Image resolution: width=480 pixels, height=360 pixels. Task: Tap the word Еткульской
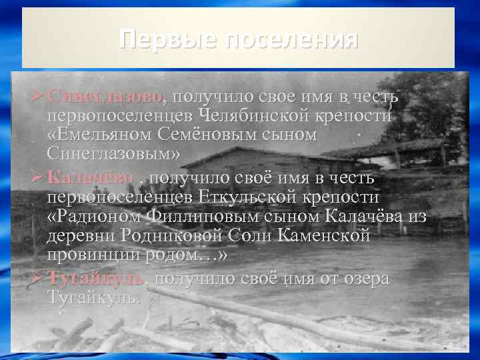click(x=254, y=198)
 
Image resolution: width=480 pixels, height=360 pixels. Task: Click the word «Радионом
click(x=93, y=217)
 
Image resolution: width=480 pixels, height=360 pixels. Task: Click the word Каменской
click(x=329, y=237)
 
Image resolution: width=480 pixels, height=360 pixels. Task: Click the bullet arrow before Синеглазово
click(x=39, y=97)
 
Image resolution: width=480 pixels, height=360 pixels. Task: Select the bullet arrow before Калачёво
click(x=39, y=179)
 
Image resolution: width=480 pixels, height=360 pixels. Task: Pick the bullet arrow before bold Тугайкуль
click(x=39, y=279)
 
